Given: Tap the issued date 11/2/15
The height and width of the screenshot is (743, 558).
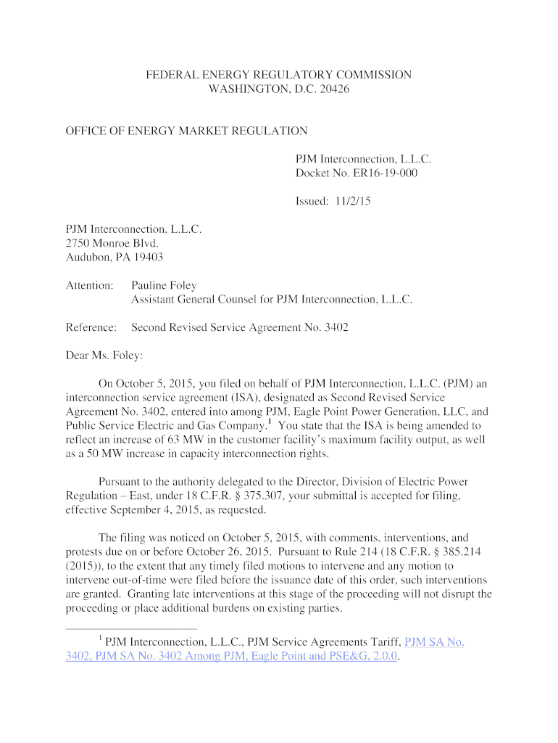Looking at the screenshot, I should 354,202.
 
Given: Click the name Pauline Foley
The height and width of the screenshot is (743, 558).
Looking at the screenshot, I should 164,285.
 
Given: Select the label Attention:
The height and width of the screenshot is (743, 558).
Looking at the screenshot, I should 90,285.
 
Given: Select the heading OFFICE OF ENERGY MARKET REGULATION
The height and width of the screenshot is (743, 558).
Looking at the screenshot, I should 187,131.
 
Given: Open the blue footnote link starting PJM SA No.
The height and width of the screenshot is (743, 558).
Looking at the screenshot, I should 434,642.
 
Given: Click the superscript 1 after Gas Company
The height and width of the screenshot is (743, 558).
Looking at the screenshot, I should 270,421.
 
